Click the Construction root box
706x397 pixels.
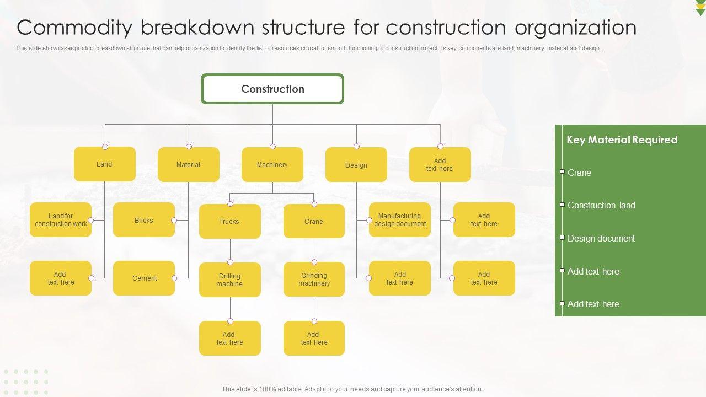[272, 89]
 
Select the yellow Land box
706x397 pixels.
[104, 164]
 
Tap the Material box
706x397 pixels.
[188, 165]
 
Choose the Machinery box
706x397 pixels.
[272, 165]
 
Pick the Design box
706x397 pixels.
[356, 165]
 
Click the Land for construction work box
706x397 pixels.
[61, 220]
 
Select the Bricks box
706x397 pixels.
[143, 220]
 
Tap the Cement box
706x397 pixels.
[144, 278]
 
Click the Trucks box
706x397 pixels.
[229, 222]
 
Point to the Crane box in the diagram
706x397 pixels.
[313, 222]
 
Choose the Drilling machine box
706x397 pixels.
[229, 280]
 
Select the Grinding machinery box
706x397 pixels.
[314, 280]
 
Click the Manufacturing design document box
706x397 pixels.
[399, 220]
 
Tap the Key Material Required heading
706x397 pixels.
[622, 140]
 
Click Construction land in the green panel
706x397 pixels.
[601, 205]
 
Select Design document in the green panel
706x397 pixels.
[601, 238]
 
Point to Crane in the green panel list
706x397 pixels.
[579, 173]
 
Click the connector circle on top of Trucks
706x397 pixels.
[230, 204]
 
